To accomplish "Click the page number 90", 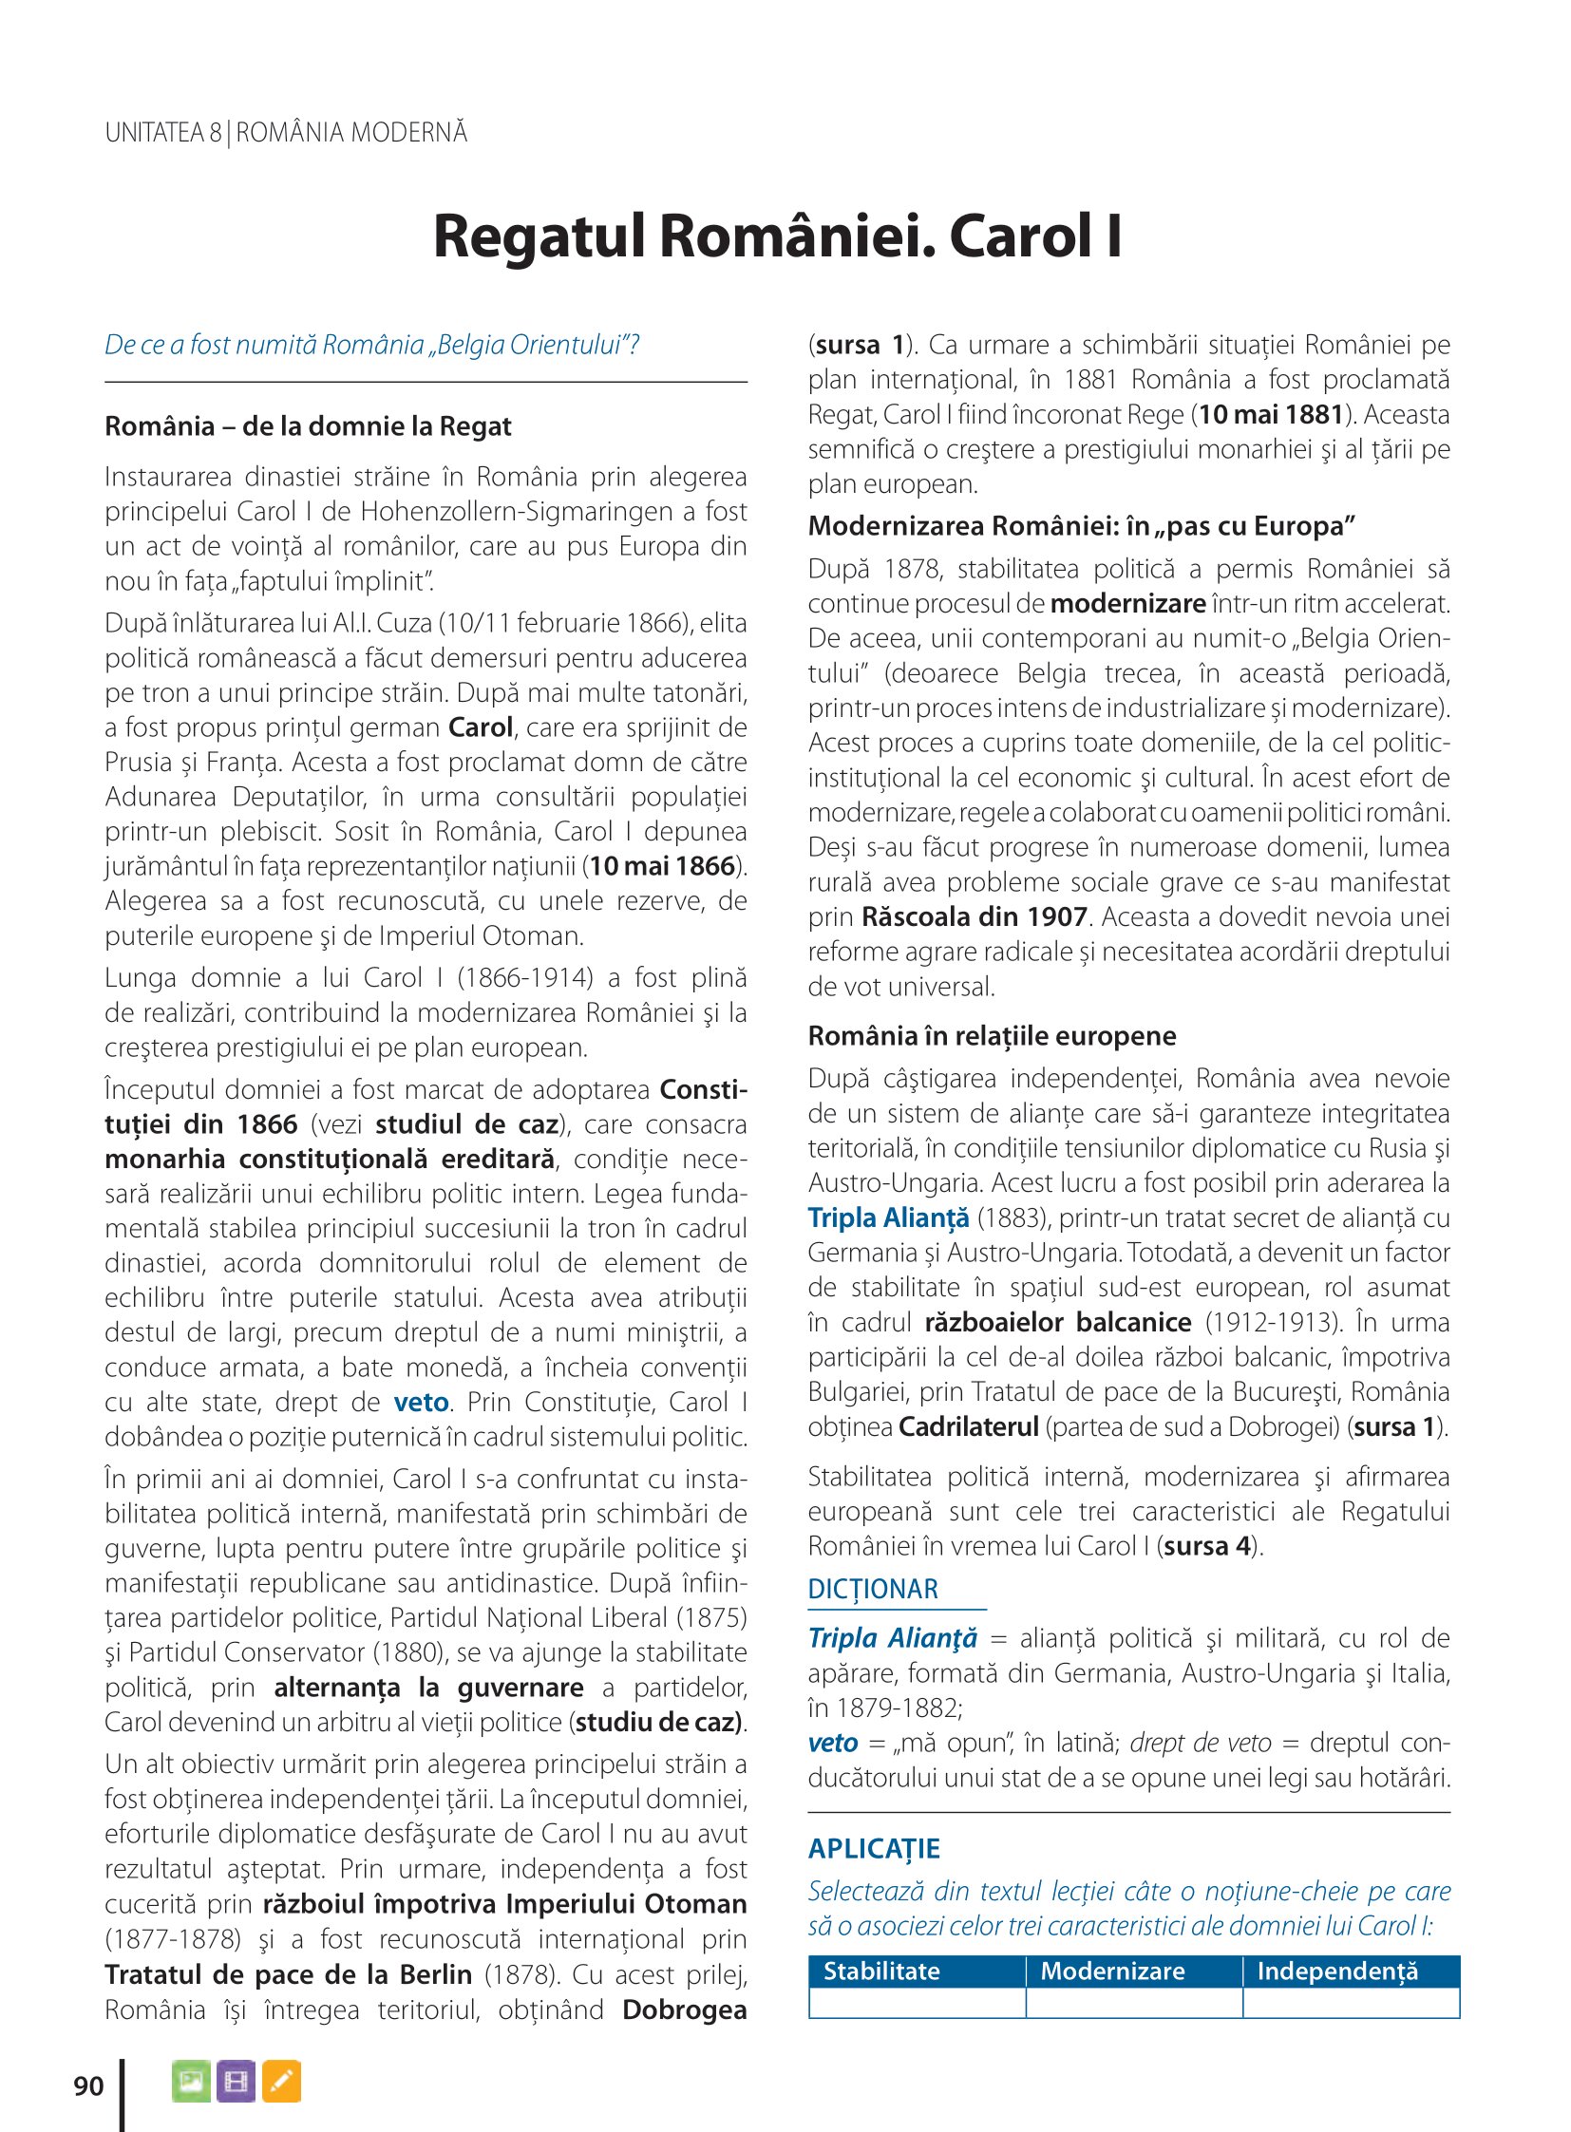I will tap(88, 2085).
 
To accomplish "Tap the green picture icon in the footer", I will tap(191, 2081).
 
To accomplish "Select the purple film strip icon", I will tap(236, 2081).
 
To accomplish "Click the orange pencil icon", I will tap(281, 2081).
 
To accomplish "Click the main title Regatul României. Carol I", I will tap(777, 236).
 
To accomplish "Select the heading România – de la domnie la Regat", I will tap(308, 426).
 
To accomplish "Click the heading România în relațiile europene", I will tap(992, 1035).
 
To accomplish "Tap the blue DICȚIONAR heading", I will tap(873, 1589).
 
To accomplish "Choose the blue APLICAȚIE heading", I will tap(874, 1849).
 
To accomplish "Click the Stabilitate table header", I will tap(881, 1972).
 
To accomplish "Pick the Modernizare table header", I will tap(1112, 1972).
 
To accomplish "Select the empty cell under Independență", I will tap(1351, 2002).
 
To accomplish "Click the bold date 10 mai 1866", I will tap(662, 866).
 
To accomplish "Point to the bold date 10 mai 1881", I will tap(1271, 415).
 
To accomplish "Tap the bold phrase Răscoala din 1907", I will tap(974, 917).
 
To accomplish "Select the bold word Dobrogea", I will tap(684, 2010).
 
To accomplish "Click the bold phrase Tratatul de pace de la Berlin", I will tap(288, 1975).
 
